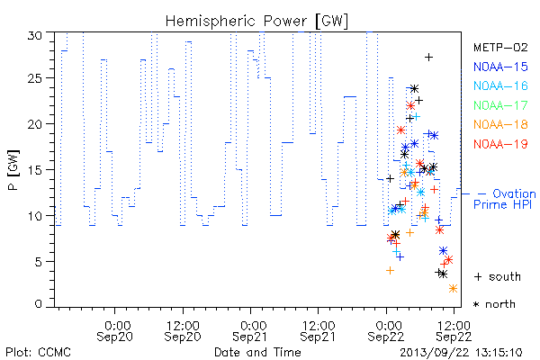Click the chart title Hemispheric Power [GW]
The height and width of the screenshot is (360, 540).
pos(256,22)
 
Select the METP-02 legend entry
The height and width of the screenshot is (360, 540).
pos(500,47)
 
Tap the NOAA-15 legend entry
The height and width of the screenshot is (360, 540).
pos(500,67)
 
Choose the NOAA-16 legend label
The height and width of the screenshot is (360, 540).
pos(500,85)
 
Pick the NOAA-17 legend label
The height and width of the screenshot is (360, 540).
pos(500,105)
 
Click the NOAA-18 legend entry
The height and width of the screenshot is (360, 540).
pos(500,124)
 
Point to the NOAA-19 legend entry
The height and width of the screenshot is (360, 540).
pos(500,144)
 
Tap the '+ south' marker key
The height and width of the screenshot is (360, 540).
pos(498,276)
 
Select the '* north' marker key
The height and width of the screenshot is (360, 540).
pos(494,304)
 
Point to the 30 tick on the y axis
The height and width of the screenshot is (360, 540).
pos(34,35)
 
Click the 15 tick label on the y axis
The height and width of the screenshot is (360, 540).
pos(34,170)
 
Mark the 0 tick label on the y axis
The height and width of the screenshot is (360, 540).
pos(38,304)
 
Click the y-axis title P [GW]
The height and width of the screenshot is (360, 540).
pos(13,170)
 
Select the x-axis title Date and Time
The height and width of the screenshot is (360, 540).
pos(257,352)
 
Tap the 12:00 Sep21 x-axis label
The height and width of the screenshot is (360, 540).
pos(318,331)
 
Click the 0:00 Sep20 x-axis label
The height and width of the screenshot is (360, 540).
pos(114,331)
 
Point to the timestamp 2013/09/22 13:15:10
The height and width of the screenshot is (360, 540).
pos(461,353)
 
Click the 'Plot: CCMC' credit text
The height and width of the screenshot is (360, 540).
pos(38,353)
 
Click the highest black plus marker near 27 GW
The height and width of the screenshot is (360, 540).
pos(428,58)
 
